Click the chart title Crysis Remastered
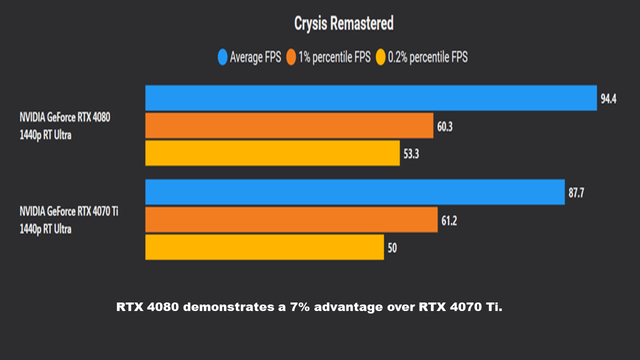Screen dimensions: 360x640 point(343,23)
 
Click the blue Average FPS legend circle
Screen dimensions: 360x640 point(222,57)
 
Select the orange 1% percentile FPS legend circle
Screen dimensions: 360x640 point(291,57)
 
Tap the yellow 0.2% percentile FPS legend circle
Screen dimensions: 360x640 point(380,57)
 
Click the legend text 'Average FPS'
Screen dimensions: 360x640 point(255,57)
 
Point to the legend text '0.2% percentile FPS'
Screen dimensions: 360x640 point(427,57)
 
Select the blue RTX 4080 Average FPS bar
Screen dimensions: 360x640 point(370,98)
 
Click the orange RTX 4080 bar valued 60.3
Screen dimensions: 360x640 point(289,125)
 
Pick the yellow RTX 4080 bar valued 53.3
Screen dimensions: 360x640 point(272,153)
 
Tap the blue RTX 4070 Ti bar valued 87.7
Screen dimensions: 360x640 point(354,192)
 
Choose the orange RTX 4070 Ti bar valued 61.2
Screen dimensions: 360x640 point(291,219)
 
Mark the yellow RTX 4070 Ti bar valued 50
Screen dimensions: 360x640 point(264,247)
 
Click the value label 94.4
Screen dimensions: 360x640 point(608,99)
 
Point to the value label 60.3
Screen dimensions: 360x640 point(444,126)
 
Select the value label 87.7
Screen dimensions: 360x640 point(576,193)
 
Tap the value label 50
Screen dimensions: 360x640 point(392,248)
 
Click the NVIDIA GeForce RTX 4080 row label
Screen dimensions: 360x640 point(64,118)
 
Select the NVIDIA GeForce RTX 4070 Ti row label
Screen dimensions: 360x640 point(69,211)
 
